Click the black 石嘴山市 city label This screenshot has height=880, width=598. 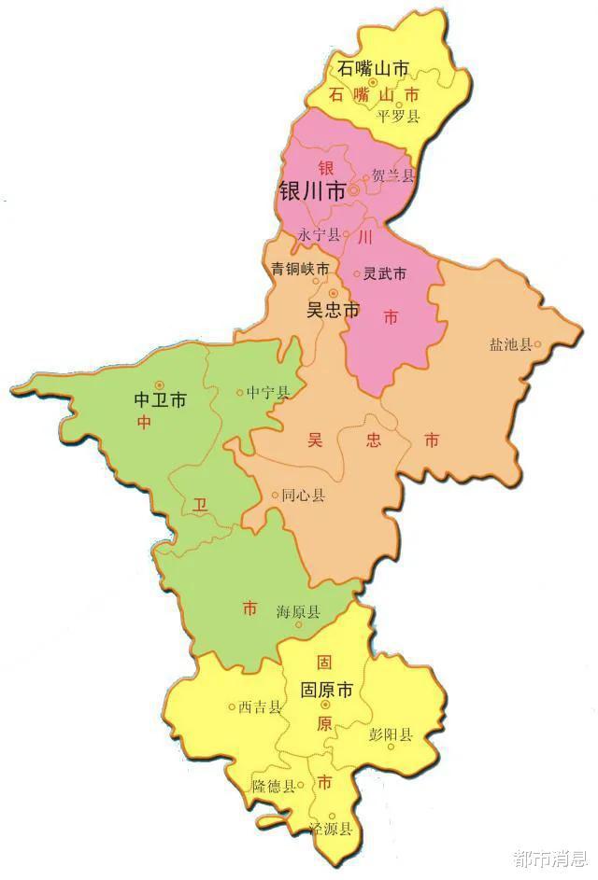(x=375, y=69)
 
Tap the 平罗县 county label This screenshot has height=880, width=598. (x=398, y=117)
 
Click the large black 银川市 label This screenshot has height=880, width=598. (x=312, y=192)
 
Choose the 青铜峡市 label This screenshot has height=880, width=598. (x=300, y=269)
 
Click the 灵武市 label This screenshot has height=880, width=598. (x=385, y=274)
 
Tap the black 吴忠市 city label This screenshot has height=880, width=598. (x=333, y=311)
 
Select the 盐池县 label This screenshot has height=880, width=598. (x=510, y=344)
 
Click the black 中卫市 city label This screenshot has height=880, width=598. (x=160, y=400)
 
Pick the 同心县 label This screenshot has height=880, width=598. (x=304, y=496)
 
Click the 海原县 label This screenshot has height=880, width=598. (x=298, y=612)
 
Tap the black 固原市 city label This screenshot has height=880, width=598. (x=326, y=691)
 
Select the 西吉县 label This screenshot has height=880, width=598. (x=260, y=706)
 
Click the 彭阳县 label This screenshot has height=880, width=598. (x=391, y=734)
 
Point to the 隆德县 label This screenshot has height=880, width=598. (x=274, y=787)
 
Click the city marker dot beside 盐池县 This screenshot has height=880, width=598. (x=537, y=344)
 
